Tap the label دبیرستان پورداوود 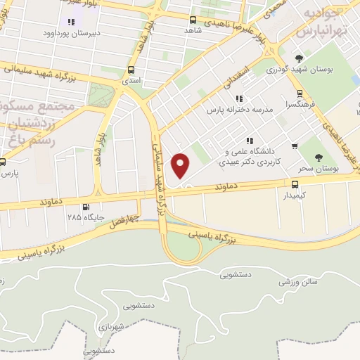[x=72, y=33]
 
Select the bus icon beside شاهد [x=193, y=20]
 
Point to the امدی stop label [x=131, y=82]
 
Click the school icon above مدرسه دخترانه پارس [x=239, y=98]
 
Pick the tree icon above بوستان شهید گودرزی [x=300, y=58]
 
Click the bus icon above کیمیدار [x=295, y=184]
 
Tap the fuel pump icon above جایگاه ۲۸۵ [x=86, y=207]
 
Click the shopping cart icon [x=295, y=146]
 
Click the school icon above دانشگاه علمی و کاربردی [x=250, y=140]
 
